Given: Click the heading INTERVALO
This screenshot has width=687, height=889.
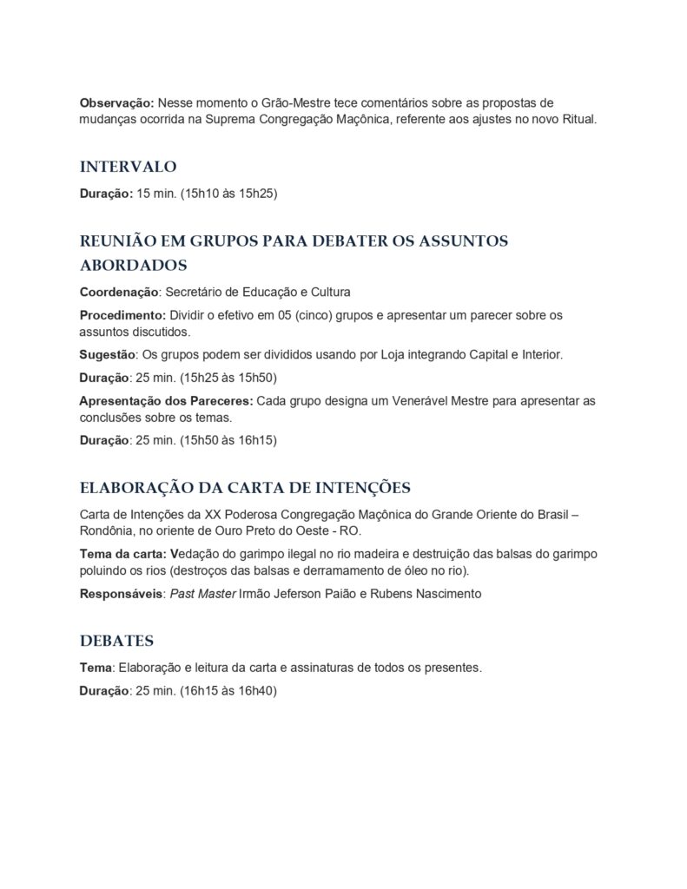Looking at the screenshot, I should (x=129, y=166).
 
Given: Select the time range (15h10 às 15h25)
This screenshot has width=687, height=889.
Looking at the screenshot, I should (x=228, y=194).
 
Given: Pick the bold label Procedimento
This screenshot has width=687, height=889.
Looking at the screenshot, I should (x=122, y=314).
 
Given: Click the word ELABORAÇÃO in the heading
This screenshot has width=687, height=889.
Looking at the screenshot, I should (x=135, y=486).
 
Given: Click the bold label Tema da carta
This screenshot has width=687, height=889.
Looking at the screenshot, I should (x=122, y=554).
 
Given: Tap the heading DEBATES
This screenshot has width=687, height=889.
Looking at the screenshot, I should (x=116, y=641).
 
